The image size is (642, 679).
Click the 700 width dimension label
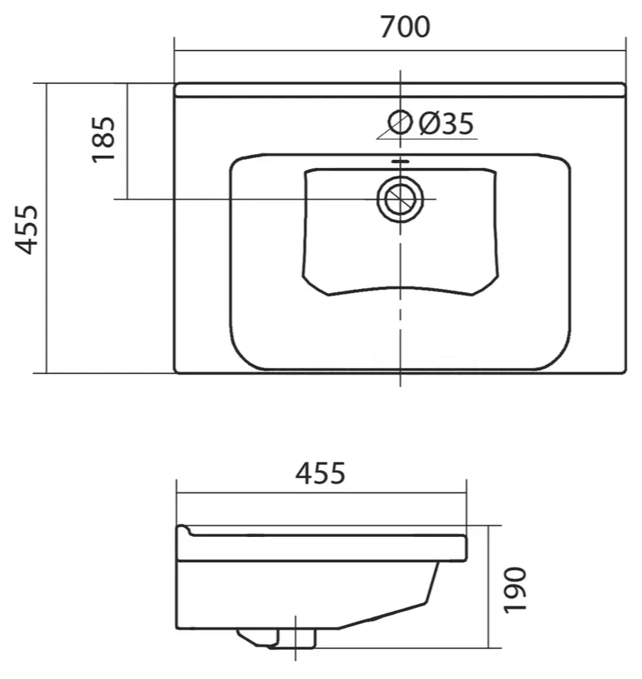coord(405,27)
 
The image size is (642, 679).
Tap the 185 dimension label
coord(103,140)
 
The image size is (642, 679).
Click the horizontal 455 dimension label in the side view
coord(320,473)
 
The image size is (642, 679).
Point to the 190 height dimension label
coord(515,590)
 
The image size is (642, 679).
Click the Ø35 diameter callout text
coord(446,124)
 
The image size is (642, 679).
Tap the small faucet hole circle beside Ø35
coord(400,123)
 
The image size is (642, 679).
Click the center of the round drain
coord(400,199)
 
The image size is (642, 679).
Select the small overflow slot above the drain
coord(400,161)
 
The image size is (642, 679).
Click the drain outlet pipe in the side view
coord(296,638)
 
